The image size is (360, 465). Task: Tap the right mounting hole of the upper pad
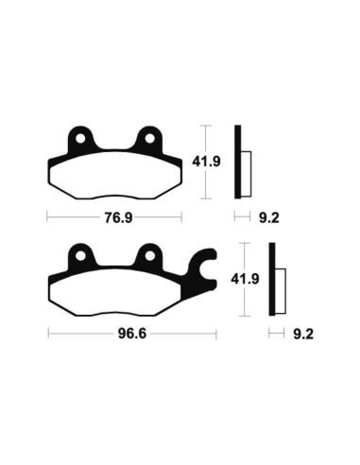pos(148,142)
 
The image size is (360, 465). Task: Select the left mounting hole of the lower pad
pos(81,257)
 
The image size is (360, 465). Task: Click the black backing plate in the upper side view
pos(239,163)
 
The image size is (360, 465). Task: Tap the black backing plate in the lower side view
pos(272,280)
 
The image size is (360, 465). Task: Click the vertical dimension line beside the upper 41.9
pos(206,163)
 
